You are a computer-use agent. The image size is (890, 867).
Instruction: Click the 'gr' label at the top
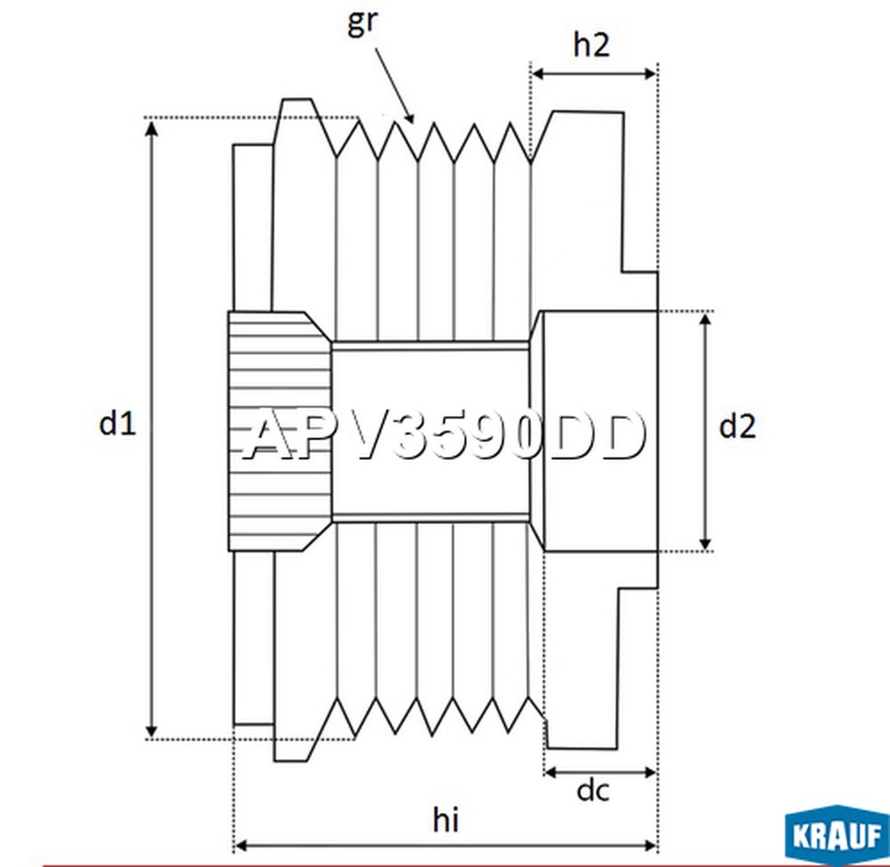(x=362, y=23)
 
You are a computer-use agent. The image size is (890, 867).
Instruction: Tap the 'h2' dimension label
(x=592, y=45)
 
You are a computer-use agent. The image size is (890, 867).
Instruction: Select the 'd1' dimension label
(x=117, y=423)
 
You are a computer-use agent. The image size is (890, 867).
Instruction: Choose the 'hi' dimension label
(x=446, y=820)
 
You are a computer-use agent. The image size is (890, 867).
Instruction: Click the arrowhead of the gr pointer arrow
(x=409, y=117)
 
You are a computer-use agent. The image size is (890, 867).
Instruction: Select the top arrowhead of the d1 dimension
(x=151, y=127)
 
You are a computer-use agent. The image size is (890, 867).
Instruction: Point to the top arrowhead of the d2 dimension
(x=705, y=320)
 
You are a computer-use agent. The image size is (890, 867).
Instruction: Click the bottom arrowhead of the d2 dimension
(x=705, y=543)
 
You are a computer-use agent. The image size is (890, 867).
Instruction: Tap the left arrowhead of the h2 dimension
(x=538, y=74)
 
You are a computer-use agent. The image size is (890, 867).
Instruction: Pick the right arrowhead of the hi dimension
(x=650, y=847)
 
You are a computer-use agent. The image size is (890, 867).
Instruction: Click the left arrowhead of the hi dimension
(x=241, y=847)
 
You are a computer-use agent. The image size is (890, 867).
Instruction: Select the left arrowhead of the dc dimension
(x=551, y=772)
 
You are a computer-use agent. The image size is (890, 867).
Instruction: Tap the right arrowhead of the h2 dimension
(x=650, y=74)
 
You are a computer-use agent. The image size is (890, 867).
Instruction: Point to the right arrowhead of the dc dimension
(x=650, y=772)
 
